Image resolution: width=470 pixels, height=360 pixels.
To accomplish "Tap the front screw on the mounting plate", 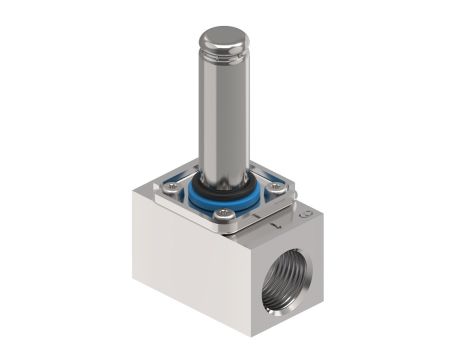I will coord(229,213).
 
